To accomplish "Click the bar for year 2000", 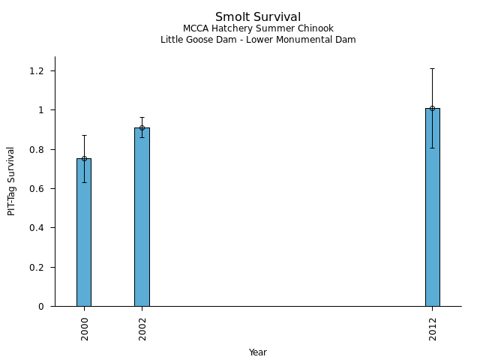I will point(84,232).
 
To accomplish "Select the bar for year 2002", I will point(142,217).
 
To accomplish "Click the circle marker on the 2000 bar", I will point(84,158).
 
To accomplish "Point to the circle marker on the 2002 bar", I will point(142,127).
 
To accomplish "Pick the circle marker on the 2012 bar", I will point(433,108).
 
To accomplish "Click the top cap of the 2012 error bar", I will point(433,68).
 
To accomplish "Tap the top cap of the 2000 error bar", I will point(84,135).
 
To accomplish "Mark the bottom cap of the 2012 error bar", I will point(433,148).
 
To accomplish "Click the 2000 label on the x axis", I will point(85,328).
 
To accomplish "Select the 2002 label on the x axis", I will point(142,328).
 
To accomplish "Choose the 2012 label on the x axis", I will point(433,328).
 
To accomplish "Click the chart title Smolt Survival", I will point(258,17).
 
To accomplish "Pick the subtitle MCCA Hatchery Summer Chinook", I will point(258,28).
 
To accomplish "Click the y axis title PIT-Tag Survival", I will point(11,181).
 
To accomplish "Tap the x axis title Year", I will point(258,352).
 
